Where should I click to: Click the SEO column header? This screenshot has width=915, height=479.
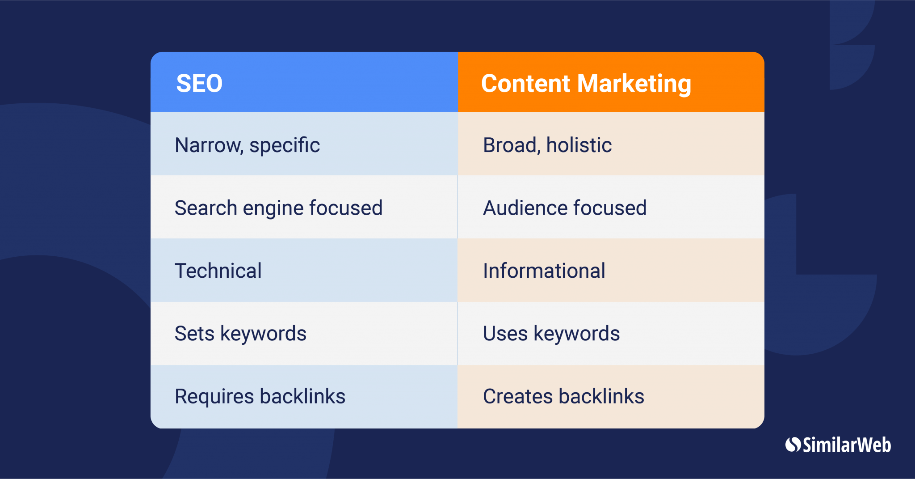click(x=304, y=82)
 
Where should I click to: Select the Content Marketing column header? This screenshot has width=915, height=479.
click(x=611, y=82)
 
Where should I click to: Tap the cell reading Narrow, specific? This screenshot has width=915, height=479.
click(x=304, y=144)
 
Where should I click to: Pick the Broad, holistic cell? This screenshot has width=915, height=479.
click(x=611, y=144)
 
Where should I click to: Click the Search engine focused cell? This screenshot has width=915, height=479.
click(x=304, y=207)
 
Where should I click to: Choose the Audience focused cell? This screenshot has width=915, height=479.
click(x=611, y=207)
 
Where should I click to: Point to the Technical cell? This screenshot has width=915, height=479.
click(x=304, y=270)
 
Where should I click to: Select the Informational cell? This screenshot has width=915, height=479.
click(x=611, y=270)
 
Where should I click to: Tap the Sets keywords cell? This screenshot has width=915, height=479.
click(x=304, y=333)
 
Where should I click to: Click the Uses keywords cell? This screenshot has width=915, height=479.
click(x=611, y=333)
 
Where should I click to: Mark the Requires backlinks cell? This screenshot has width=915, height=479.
click(x=304, y=397)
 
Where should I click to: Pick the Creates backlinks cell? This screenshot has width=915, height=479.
click(x=611, y=397)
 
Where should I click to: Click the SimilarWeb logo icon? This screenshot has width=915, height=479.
click(x=793, y=445)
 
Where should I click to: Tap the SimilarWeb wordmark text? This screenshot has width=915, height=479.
click(x=847, y=445)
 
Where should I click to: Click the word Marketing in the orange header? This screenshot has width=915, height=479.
click(x=634, y=84)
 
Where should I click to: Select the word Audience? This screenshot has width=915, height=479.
click(x=525, y=208)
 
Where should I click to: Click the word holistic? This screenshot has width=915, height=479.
click(x=579, y=145)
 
